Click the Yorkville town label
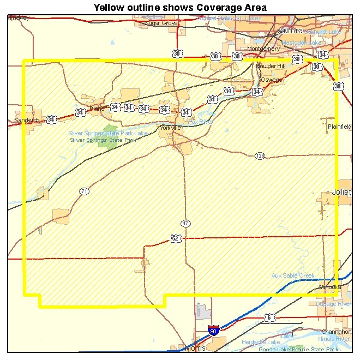pos(170,128)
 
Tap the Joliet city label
pos(342,192)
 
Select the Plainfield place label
pos(340,127)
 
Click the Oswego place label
pos(272,80)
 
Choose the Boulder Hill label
pos(271,66)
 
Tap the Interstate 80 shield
pos(214,331)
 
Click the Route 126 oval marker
pos(260,156)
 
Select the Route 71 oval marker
pos(83,191)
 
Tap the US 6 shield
pos(268,317)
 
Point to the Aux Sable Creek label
pos(293,275)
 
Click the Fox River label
pos(200,122)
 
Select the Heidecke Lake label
pos(261,342)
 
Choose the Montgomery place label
pos(263,49)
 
